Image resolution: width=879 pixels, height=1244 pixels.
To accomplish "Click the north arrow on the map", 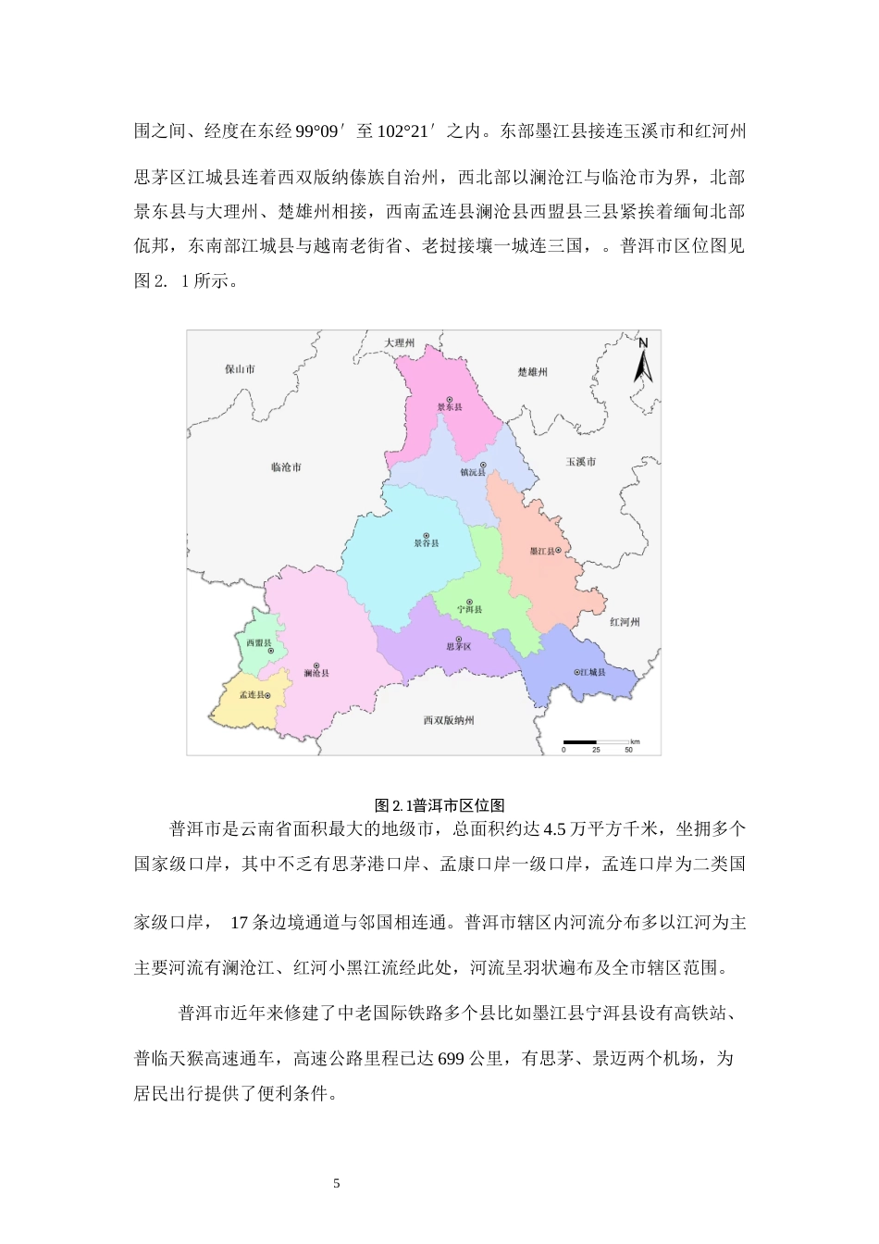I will coord(643,361).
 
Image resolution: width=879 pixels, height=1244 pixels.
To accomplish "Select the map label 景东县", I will coord(450,406).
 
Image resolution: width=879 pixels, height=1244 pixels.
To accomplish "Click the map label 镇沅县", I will coord(473,472).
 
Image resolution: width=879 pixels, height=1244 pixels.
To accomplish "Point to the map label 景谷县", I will coord(427,542).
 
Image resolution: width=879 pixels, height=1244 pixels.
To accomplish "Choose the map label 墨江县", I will coord(542,551).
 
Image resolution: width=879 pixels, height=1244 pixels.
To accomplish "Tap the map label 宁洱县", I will coord(470,609).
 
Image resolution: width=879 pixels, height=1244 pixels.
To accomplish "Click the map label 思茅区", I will coord(459,646).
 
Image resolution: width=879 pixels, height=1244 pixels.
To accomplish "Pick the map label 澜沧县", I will coord(316,673).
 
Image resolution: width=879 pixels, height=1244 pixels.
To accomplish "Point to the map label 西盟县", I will coord(258,642).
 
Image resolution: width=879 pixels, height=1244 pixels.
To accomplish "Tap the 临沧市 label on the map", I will coord(286,467).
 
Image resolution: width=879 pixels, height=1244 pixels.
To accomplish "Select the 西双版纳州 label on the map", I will coord(449,720).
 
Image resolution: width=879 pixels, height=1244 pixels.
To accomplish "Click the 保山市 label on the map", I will coord(240,368).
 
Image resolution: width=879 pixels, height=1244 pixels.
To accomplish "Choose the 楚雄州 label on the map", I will coord(532,371).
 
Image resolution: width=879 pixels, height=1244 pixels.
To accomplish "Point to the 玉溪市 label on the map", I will coord(581,461).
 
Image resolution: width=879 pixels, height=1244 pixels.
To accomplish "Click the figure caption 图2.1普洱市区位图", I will coord(439,805).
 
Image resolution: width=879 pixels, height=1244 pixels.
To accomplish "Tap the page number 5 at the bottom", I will coord(337,1183).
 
